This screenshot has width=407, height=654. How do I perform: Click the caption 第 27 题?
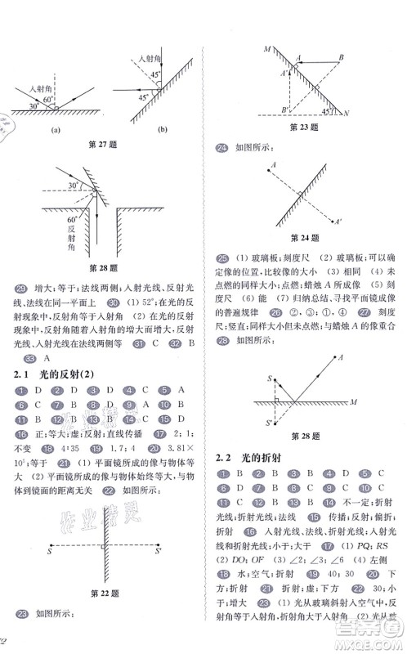coord(103,145)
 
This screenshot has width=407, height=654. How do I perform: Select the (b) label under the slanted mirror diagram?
coord(152,130)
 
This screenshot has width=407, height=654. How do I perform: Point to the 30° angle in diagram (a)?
coord(34,106)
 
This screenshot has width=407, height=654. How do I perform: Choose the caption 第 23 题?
coord(304,128)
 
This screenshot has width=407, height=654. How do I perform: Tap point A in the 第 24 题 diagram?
coord(269,164)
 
